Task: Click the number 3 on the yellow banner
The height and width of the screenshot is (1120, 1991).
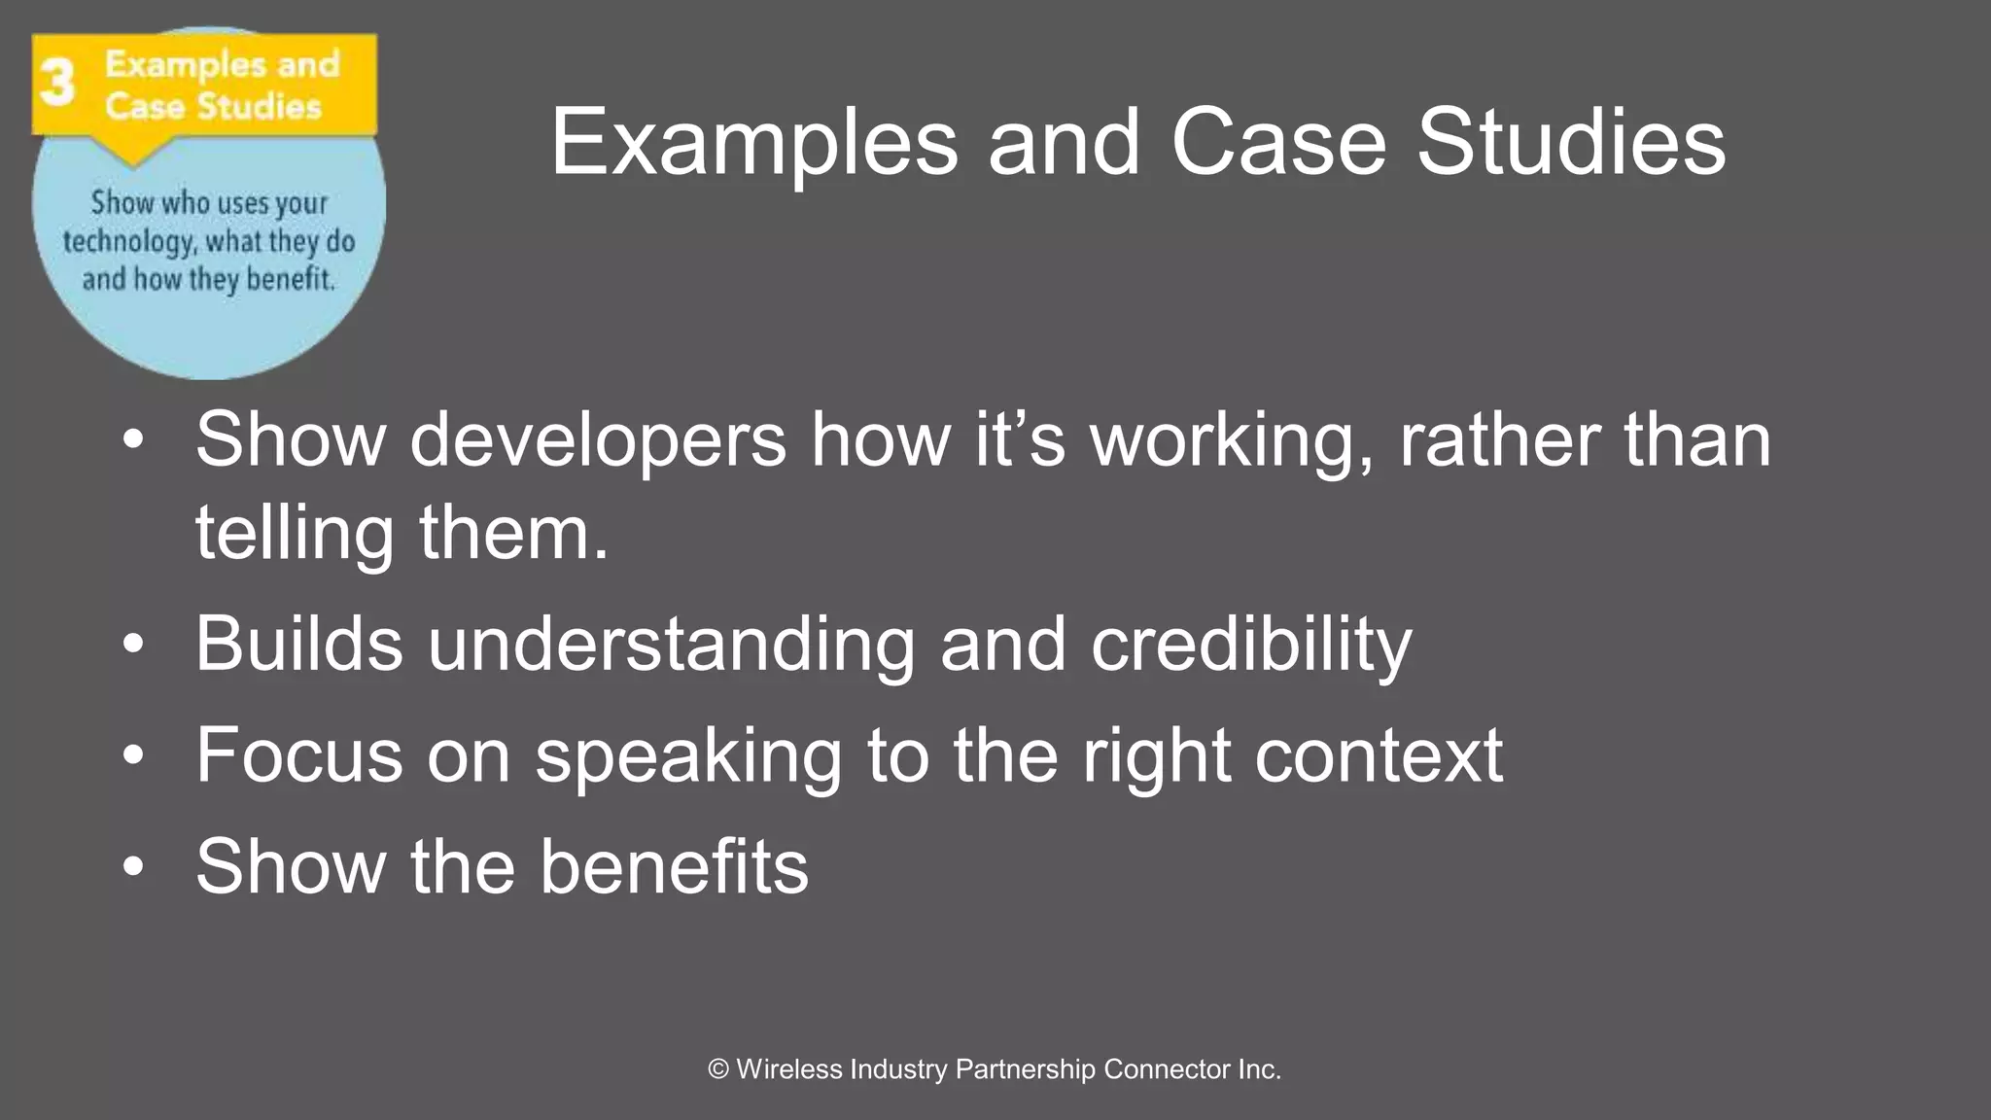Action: tap(57, 83)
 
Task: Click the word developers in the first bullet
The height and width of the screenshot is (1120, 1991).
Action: tap(597, 440)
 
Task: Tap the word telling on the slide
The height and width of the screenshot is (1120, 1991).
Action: tap(294, 534)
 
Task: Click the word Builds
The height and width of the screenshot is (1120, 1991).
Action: tap(298, 644)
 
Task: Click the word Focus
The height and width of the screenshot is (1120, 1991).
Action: tap(298, 755)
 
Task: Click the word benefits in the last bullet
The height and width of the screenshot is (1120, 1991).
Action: tap(674, 866)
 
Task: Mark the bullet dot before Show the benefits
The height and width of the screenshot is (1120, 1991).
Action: tap(133, 866)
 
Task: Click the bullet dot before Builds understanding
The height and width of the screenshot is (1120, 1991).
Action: tap(133, 644)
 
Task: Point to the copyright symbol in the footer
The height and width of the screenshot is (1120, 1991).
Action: tap(718, 1069)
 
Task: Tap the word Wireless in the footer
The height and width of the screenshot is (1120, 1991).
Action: tap(789, 1069)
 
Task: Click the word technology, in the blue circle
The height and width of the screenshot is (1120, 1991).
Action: tap(128, 242)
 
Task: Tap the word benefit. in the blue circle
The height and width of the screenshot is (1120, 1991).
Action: tap(291, 280)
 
